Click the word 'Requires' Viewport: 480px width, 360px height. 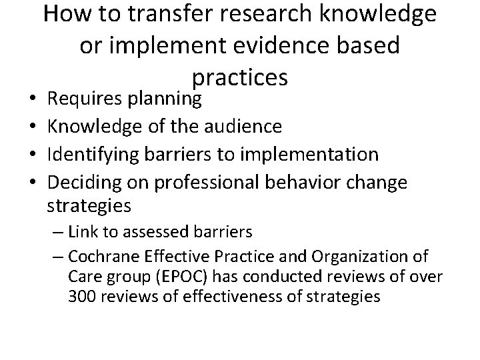(x=85, y=100)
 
